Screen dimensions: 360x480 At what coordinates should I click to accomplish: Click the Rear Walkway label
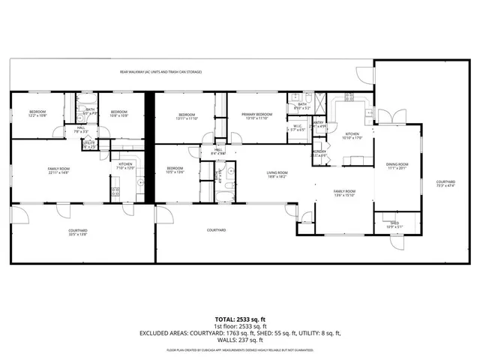click(x=160, y=72)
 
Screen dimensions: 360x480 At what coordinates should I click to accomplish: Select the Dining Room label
click(x=397, y=165)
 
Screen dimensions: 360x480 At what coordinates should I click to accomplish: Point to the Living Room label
click(x=277, y=175)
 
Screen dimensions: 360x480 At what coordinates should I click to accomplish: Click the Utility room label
click(x=89, y=144)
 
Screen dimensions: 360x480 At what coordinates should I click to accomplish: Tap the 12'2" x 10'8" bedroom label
click(x=37, y=114)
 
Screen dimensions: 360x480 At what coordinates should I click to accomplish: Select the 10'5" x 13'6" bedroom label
click(x=175, y=169)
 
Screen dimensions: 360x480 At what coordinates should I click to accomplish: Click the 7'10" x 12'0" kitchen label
click(x=124, y=166)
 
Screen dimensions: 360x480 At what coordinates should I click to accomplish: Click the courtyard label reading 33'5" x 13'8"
click(x=79, y=232)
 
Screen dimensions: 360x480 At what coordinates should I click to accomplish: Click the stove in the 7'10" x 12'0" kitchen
click(x=115, y=191)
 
